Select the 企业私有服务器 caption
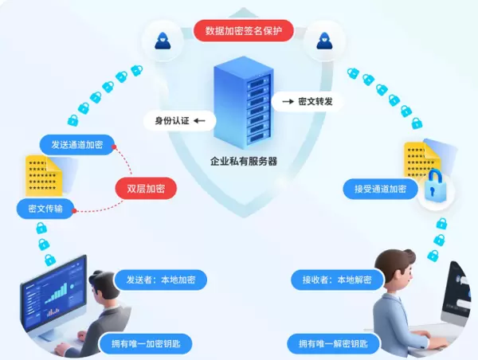click(243, 161)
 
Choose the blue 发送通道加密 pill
click(76, 145)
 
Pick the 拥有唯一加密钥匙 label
click(146, 344)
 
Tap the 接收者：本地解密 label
click(337, 280)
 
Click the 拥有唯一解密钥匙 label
click(333, 344)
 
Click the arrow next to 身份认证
click(198, 122)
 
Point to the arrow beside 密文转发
click(284, 102)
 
